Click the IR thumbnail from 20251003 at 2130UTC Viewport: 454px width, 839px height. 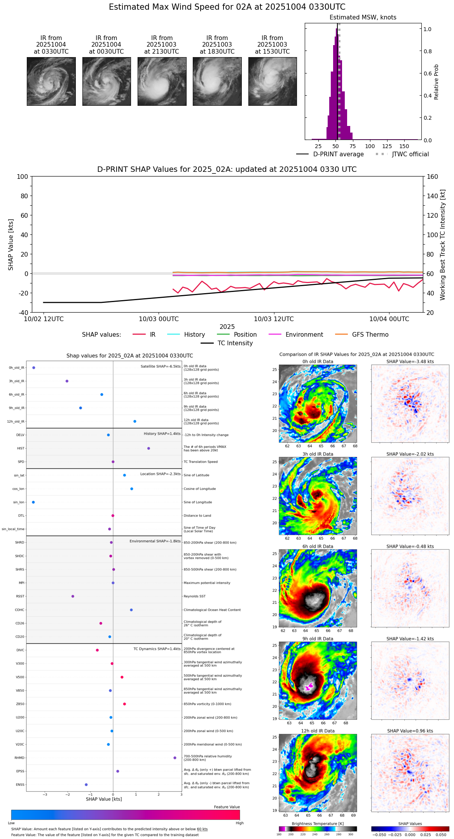162,81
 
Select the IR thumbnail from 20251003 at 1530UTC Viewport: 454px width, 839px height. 272,81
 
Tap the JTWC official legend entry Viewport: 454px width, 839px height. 410,154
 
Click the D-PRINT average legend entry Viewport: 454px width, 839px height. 338,154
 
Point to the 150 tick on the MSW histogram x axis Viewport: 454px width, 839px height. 404,146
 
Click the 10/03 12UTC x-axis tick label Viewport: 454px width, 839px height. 274,319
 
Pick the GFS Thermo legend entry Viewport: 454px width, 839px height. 370,335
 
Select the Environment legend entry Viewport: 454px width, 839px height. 304,335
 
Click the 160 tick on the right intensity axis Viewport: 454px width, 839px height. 432,177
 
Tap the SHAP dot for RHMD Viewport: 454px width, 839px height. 175,758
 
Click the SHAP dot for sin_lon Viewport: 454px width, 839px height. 33,502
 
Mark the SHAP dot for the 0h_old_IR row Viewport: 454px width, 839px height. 34,368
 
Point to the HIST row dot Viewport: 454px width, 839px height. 148,448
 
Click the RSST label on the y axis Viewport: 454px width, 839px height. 20,596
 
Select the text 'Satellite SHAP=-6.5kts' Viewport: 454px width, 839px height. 161,366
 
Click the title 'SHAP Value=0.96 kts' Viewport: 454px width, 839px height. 410,731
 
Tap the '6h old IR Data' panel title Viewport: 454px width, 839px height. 318,546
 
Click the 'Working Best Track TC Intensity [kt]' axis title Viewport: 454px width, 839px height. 443,245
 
